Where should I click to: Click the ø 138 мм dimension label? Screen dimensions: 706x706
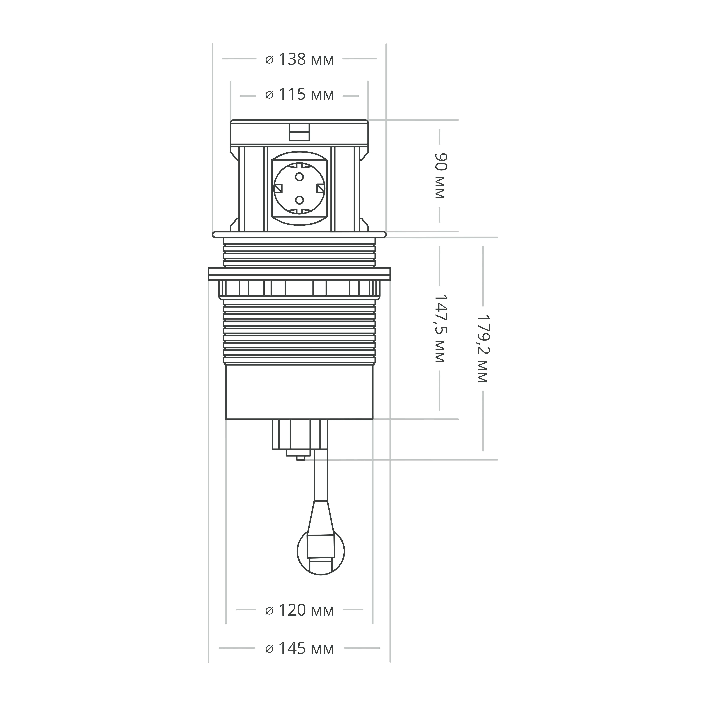(299, 59)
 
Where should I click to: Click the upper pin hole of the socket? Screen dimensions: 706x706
(299, 177)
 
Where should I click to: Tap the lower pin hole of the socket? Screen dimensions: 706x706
(299, 200)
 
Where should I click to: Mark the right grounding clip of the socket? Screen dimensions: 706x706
(320, 188)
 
